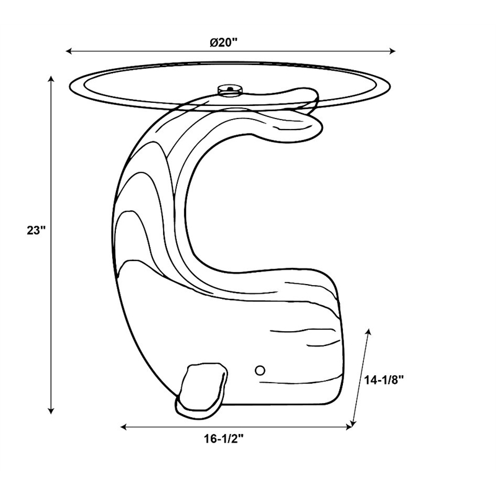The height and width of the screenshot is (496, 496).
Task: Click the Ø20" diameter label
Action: coord(223,42)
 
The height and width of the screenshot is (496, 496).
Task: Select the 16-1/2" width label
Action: coord(224,439)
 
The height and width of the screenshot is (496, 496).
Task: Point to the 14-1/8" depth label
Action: coord(384,380)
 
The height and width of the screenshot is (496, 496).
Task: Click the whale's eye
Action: coord(260,370)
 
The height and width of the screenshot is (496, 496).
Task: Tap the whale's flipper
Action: coord(201,391)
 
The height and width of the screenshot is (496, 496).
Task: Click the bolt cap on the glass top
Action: coord(230,89)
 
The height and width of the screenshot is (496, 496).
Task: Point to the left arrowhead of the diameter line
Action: coord(69,51)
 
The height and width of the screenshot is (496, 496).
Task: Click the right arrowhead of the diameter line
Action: coord(392,51)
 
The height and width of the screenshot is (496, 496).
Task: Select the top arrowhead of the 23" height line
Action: coord(51,79)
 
